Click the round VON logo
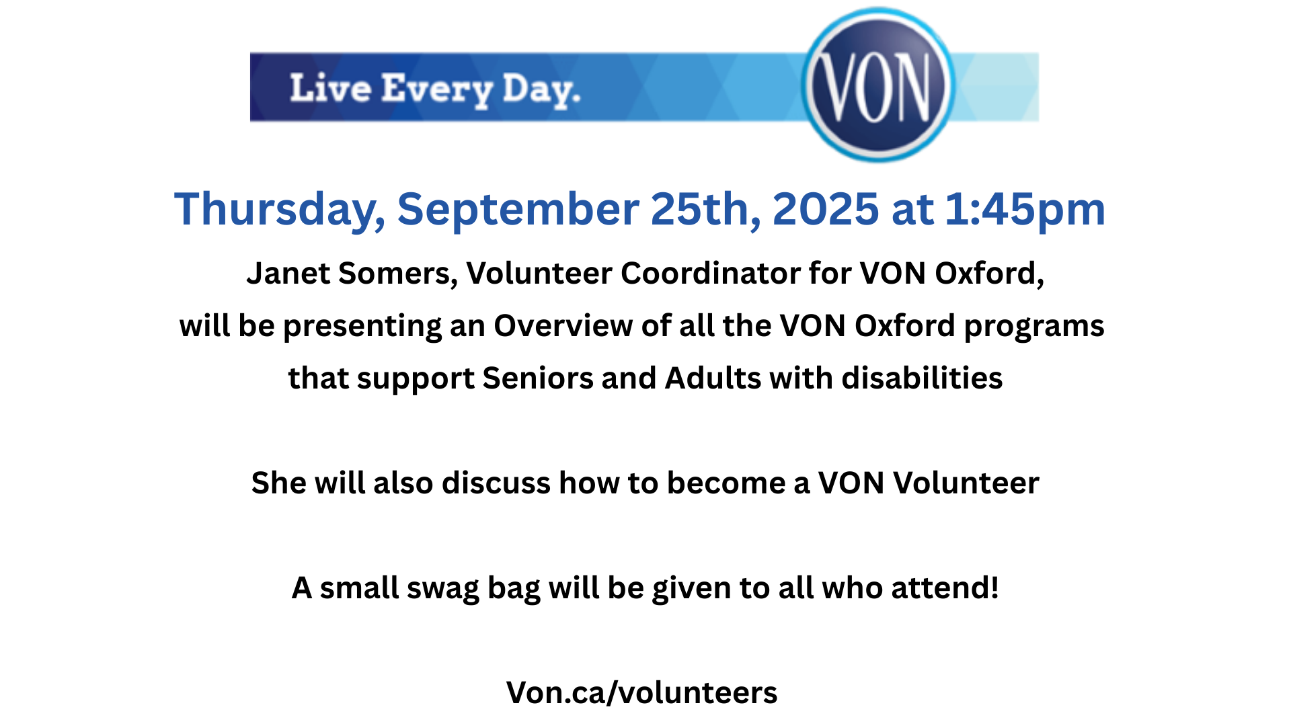[x=877, y=85]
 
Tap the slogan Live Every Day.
[x=435, y=90]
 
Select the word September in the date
[x=518, y=210]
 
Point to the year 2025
[x=825, y=209]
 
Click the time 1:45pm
[x=1025, y=210]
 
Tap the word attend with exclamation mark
[x=945, y=588]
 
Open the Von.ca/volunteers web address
[x=642, y=692]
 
